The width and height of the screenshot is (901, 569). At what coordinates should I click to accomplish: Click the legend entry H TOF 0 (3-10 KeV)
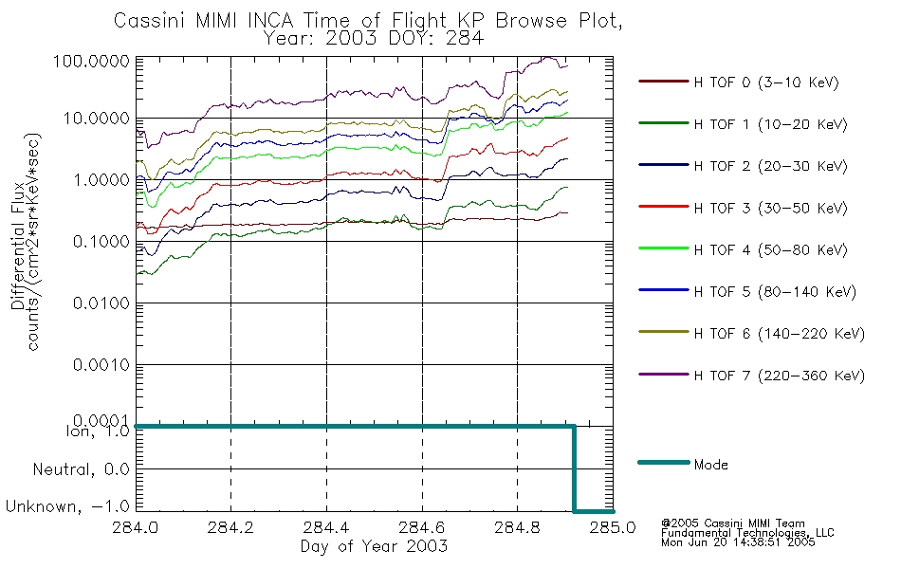pyautogui.click(x=766, y=83)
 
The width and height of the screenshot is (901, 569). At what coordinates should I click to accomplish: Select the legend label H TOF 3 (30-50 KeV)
pyautogui.click(x=770, y=208)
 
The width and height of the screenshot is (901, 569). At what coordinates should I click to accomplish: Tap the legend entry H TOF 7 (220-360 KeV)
pyautogui.click(x=780, y=376)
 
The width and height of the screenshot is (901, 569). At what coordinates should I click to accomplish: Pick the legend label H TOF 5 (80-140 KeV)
pyautogui.click(x=775, y=292)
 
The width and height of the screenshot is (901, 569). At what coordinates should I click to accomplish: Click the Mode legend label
pyautogui.click(x=710, y=465)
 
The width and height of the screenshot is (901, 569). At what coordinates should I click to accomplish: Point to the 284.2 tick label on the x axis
pyautogui.click(x=230, y=527)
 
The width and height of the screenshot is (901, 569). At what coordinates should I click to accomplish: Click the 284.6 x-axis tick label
pyautogui.click(x=422, y=527)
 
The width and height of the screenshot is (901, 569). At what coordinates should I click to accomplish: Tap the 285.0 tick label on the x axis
pyautogui.click(x=613, y=527)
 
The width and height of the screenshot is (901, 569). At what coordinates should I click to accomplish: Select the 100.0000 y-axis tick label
pyautogui.click(x=91, y=61)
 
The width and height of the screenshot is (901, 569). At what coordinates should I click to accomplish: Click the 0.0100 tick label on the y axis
pyautogui.click(x=101, y=303)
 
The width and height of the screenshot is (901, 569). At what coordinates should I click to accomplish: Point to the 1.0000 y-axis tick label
pyautogui.click(x=101, y=180)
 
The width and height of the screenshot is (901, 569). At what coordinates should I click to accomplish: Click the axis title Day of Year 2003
pyautogui.click(x=374, y=546)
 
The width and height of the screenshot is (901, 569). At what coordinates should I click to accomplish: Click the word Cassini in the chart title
pyautogui.click(x=151, y=21)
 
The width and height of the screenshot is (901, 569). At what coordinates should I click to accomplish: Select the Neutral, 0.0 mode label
pyautogui.click(x=81, y=469)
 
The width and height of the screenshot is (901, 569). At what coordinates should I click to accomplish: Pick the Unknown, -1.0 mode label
pyautogui.click(x=67, y=506)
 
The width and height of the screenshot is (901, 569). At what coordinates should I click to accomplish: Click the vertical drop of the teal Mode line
pyautogui.click(x=574, y=468)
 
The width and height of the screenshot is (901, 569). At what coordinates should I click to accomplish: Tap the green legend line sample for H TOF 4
pyautogui.click(x=664, y=248)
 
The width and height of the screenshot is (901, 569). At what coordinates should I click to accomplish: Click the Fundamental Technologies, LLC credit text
pyautogui.click(x=747, y=533)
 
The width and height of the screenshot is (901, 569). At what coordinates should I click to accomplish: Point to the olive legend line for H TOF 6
pyautogui.click(x=664, y=332)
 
